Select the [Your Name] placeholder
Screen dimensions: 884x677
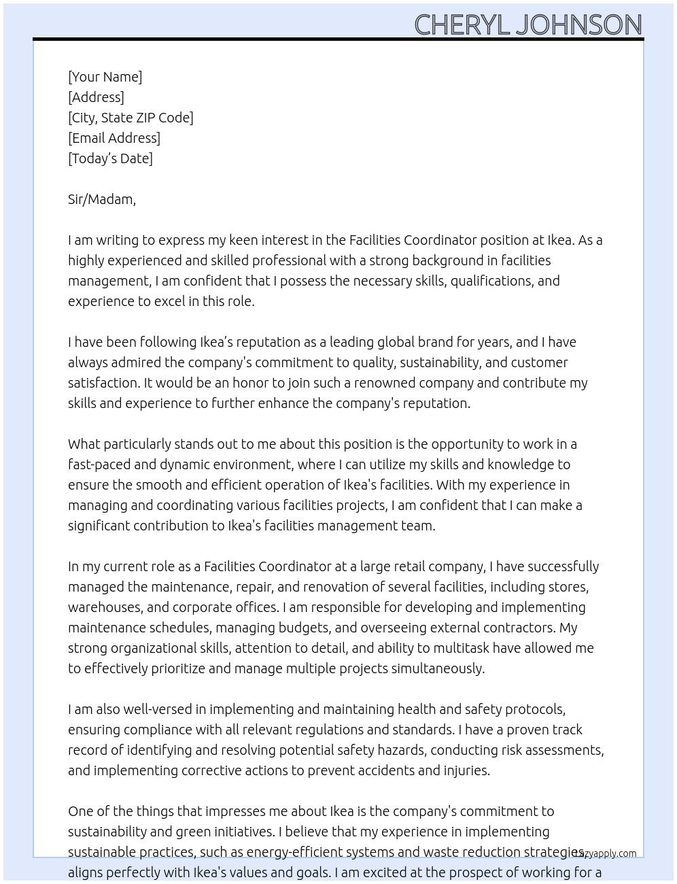[105, 77]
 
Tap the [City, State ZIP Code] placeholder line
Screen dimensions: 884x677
[131, 118]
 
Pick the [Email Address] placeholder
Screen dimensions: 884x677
[114, 138]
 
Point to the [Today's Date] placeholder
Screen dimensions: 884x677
[110, 158]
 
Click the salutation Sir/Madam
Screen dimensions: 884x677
[101, 199]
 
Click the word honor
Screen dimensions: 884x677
[235, 383]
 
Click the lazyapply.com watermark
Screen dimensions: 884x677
[606, 853]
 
